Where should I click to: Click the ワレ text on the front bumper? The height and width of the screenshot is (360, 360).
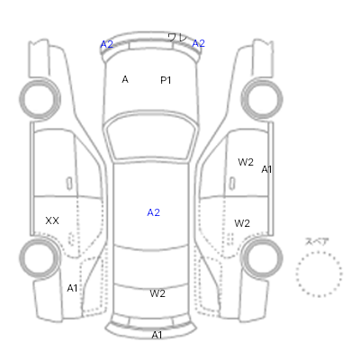(x=177, y=38)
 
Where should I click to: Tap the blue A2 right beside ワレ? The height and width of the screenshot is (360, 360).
(x=198, y=43)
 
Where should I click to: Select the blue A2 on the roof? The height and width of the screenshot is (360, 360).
(x=153, y=212)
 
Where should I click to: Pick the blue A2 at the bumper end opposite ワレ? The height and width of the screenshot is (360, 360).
(x=106, y=44)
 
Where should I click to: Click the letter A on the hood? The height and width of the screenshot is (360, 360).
(x=125, y=79)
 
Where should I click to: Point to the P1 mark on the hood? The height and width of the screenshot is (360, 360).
(x=166, y=80)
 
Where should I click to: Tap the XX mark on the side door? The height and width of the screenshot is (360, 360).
(x=52, y=220)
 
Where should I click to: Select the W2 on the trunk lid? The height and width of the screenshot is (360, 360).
(x=157, y=293)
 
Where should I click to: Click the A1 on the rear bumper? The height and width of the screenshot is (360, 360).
(x=157, y=335)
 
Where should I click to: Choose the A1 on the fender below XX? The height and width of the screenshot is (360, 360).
(x=72, y=288)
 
